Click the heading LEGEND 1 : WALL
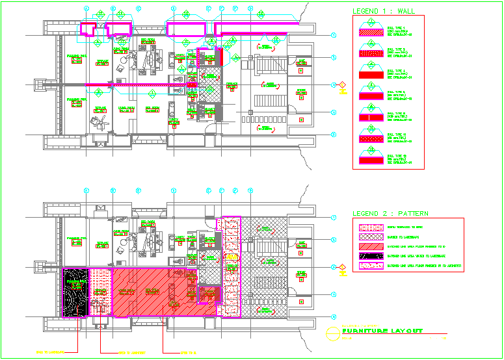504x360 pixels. point(383,11)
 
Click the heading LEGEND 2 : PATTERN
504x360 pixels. point(390,213)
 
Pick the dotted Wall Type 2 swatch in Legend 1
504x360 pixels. point(369,51)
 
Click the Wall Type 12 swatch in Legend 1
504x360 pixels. point(369,159)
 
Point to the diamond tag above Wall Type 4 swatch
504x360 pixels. point(369,66)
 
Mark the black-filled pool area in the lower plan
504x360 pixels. point(75,292)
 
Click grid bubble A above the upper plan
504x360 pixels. point(86,9)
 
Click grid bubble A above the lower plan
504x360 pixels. point(86,190)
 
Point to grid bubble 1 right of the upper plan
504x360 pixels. point(334,35)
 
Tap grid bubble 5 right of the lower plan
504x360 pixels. point(334,316)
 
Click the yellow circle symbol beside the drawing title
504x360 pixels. point(333,332)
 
